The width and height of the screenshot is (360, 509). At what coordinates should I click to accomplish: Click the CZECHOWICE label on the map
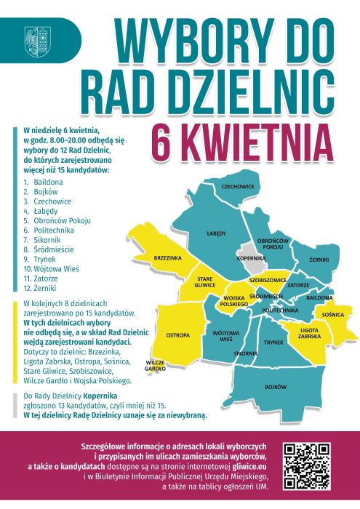[237, 186]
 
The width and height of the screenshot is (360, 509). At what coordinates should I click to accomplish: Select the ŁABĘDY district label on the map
[216, 233]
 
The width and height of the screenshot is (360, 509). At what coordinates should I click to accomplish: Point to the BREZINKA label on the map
[167, 258]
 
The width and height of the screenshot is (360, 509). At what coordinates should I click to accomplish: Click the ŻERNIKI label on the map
[319, 260]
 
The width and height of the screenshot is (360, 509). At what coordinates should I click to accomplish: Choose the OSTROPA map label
[177, 335]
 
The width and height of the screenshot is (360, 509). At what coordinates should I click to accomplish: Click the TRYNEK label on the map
[273, 342]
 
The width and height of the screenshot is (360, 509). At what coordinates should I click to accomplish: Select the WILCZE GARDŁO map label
[156, 365]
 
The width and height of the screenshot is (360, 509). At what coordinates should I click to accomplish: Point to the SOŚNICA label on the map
[332, 315]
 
